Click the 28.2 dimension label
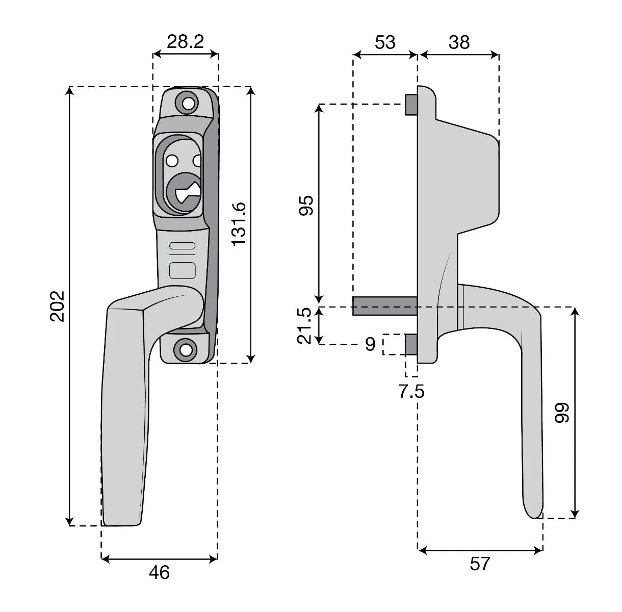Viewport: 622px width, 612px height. (185, 42)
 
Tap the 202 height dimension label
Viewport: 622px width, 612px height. (58, 307)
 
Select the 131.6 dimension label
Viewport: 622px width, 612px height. (239, 225)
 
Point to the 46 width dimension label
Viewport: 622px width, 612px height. (159, 573)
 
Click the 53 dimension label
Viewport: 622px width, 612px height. (385, 42)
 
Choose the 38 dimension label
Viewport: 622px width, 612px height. (459, 42)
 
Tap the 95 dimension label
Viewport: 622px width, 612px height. (306, 206)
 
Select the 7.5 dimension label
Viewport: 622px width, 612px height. (411, 391)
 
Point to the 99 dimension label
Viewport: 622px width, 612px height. (562, 413)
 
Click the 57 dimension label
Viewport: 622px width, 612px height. (480, 564)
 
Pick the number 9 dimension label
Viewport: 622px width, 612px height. (371, 344)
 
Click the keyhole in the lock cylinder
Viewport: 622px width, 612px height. (187, 192)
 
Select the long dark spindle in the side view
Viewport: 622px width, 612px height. (385, 306)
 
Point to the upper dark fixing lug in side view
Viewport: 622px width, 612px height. (411, 105)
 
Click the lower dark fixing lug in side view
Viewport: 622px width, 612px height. (411, 345)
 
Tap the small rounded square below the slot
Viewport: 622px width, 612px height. (183, 270)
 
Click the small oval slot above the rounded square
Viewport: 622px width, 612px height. (183, 246)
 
